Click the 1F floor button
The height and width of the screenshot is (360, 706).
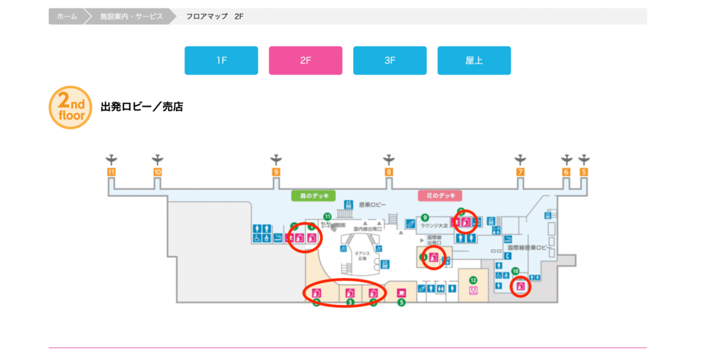tap(221, 61)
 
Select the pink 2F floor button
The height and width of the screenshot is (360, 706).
tap(305, 61)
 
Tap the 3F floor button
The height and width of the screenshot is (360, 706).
tap(390, 61)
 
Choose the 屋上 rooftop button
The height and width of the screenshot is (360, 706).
tap(474, 61)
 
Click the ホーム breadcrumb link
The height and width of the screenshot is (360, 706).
tap(66, 16)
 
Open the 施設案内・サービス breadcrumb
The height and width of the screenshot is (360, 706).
tap(130, 16)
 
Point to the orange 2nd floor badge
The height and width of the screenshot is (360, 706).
tap(70, 108)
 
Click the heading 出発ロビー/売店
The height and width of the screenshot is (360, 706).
tap(142, 107)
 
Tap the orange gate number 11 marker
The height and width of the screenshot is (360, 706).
tap(111, 172)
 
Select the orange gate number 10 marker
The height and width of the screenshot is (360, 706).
tap(158, 172)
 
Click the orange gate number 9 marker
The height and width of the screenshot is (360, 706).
tap(276, 172)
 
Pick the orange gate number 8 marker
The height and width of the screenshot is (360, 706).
tap(389, 172)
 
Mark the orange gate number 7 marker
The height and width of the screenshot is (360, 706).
tap(521, 172)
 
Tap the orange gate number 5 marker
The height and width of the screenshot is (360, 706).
tap(584, 172)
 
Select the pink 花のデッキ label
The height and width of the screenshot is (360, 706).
tap(440, 196)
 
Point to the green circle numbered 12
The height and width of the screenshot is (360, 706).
tap(473, 280)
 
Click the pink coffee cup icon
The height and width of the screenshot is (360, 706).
tap(401, 292)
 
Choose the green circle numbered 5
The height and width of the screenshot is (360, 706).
tap(401, 302)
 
